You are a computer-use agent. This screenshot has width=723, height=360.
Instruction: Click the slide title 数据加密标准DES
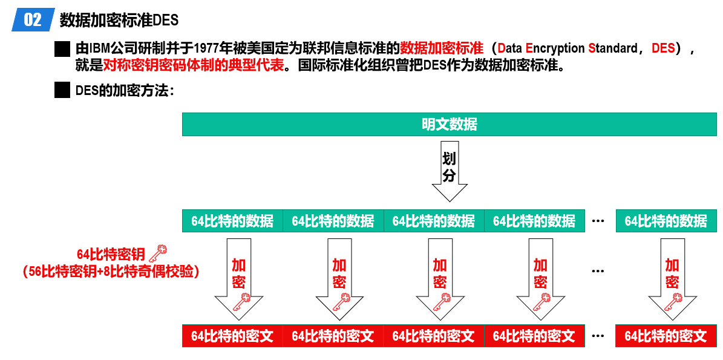coord(119,20)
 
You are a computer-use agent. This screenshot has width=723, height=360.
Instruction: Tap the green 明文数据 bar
coord(450,125)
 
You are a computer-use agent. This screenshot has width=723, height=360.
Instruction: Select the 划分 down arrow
coord(450,171)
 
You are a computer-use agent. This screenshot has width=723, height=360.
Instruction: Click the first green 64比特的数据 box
coord(232,221)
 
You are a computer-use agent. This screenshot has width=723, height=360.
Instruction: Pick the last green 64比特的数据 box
coord(666,221)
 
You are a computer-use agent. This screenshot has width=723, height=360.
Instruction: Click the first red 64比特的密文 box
coord(232,336)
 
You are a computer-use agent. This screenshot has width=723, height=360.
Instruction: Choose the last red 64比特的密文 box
coord(666,336)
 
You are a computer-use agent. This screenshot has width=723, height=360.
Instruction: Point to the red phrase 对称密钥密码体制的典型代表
coord(193,66)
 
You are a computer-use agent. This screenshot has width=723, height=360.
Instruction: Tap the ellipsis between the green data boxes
coord(598,221)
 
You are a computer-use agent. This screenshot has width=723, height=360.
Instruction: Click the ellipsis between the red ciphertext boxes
coord(598,336)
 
